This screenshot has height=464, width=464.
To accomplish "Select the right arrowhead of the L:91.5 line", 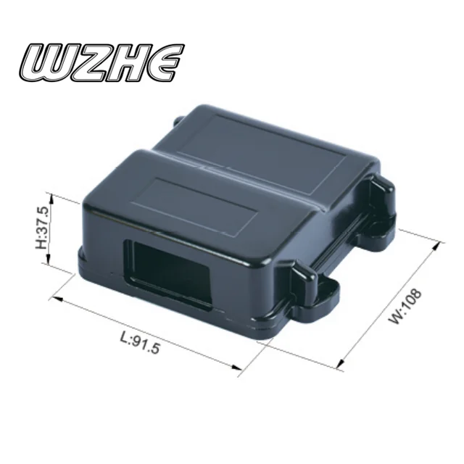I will pyautogui.click(x=239, y=370).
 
